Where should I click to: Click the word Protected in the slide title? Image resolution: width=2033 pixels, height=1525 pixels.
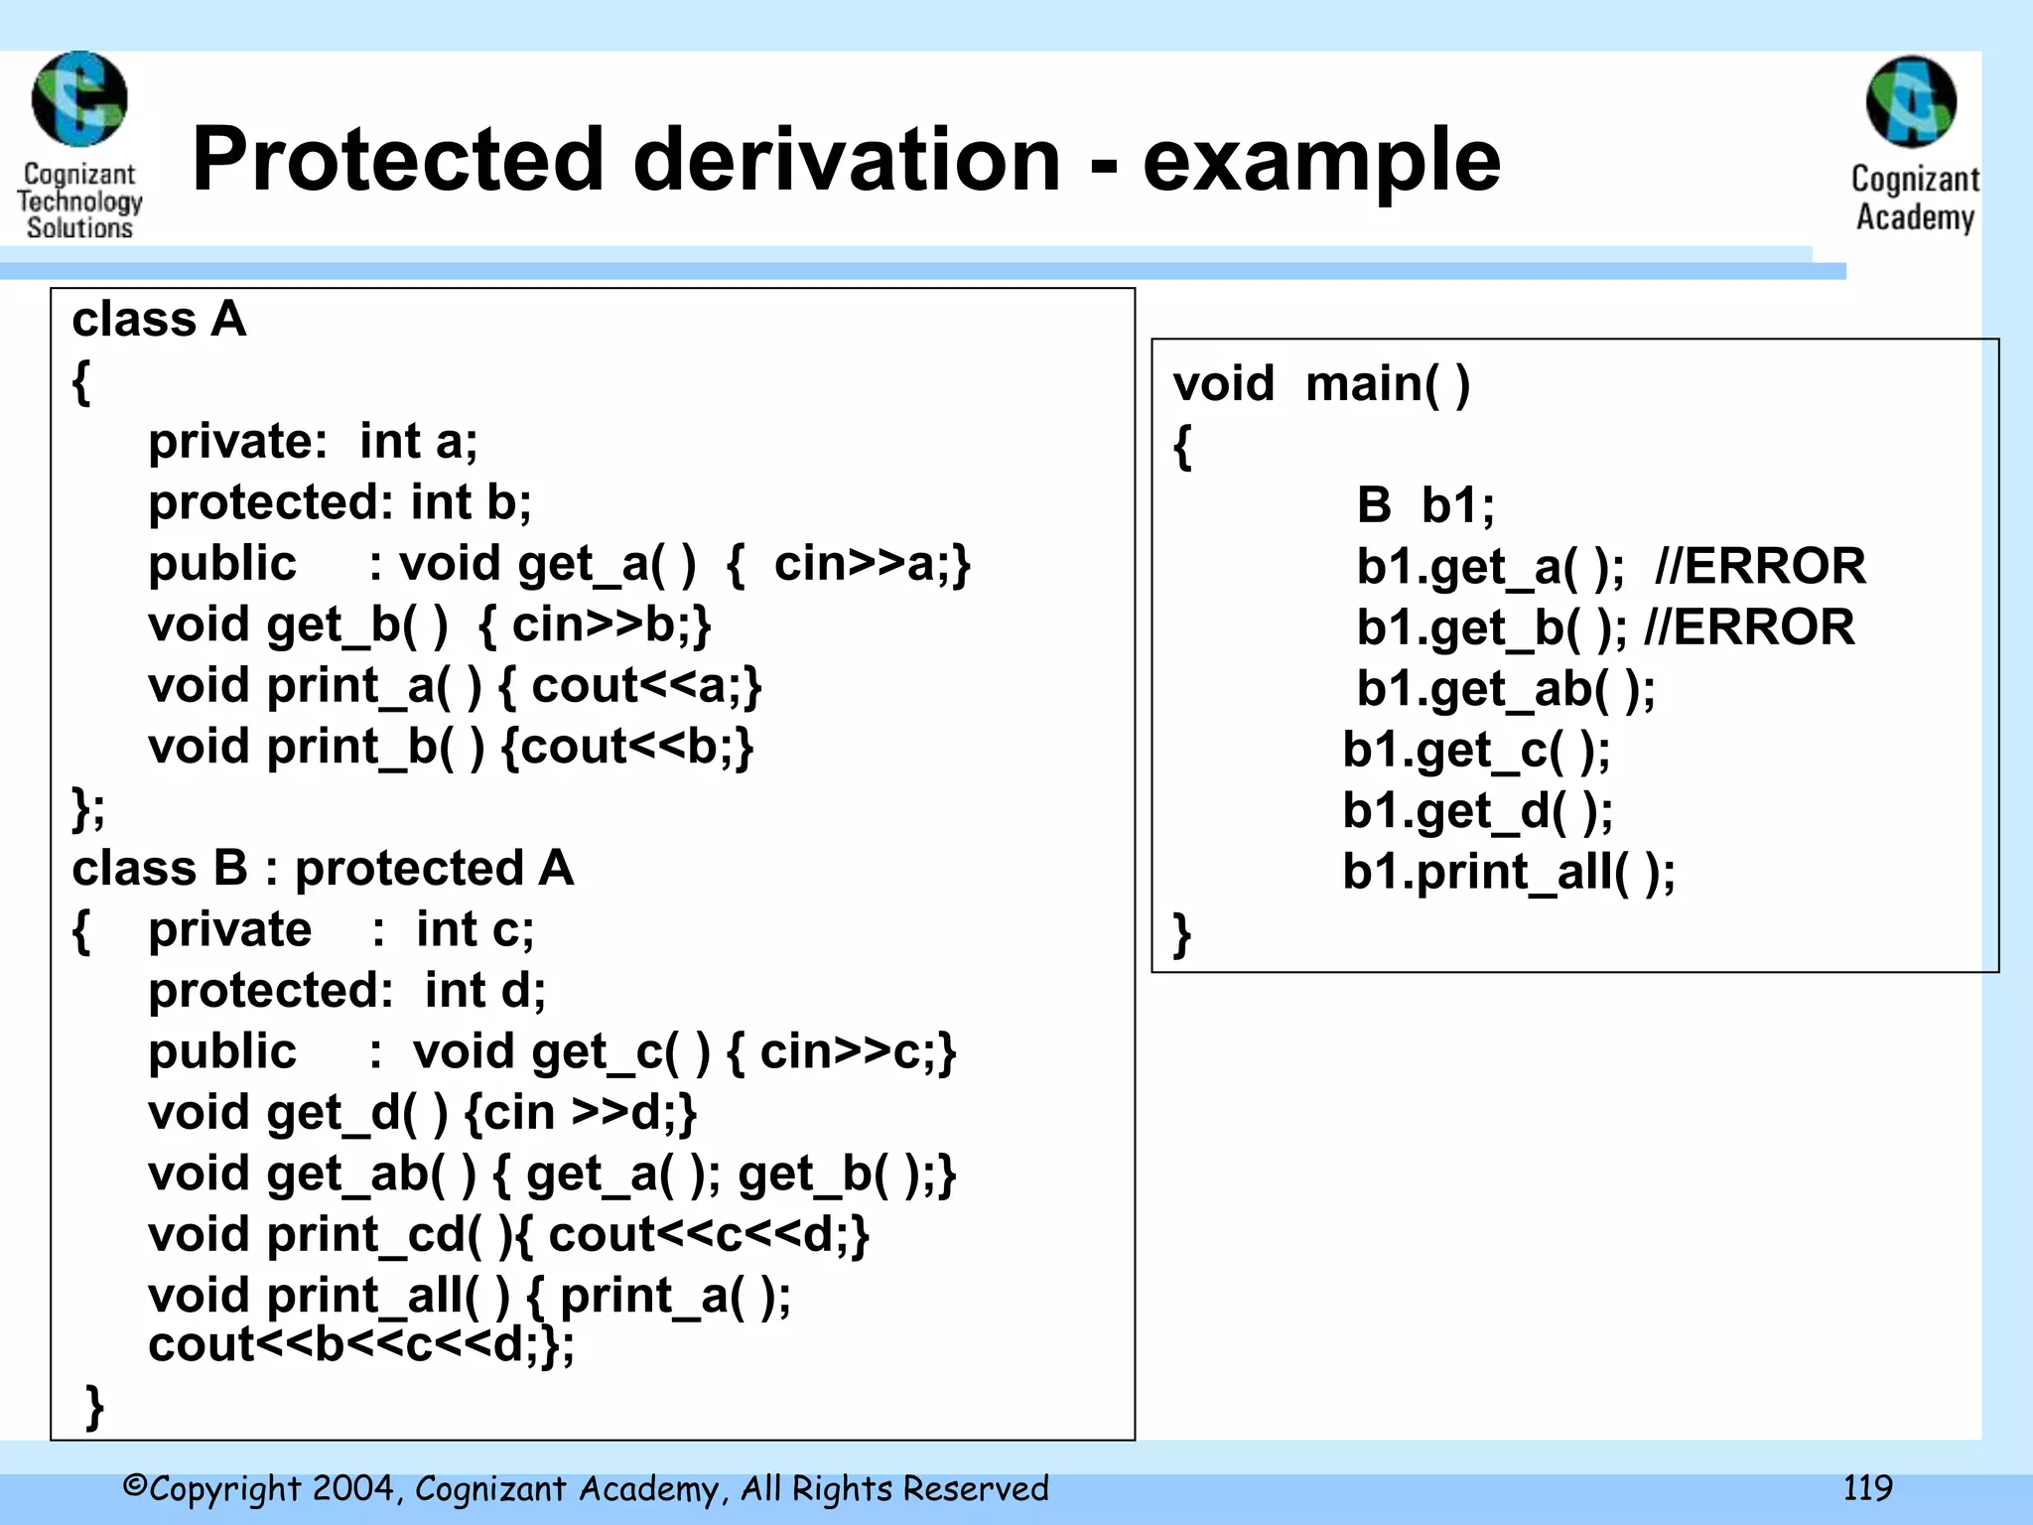(x=397, y=160)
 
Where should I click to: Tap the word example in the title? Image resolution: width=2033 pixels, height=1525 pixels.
(x=1321, y=162)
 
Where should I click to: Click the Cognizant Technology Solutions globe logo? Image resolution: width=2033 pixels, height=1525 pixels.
(x=79, y=99)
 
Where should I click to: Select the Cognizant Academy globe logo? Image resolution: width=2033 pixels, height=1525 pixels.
(x=1911, y=101)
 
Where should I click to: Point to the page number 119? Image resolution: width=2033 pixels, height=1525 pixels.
(x=1867, y=1487)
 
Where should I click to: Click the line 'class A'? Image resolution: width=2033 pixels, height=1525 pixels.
(x=159, y=320)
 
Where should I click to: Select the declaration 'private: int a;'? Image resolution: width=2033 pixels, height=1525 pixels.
(x=313, y=441)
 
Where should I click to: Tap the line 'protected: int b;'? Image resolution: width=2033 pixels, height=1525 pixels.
(x=339, y=502)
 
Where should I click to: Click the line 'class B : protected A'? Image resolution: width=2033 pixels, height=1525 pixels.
(x=323, y=869)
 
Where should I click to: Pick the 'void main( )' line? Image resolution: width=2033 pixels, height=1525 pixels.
(x=1321, y=384)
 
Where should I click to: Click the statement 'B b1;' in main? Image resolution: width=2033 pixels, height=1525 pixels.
(x=1425, y=505)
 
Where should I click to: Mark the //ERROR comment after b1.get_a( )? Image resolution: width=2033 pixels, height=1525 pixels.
(x=1760, y=567)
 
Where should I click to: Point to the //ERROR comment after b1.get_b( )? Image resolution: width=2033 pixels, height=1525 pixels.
(x=1749, y=627)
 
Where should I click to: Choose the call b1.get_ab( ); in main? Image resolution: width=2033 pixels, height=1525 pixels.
(x=1506, y=689)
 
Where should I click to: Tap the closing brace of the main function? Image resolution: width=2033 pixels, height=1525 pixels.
(x=1181, y=934)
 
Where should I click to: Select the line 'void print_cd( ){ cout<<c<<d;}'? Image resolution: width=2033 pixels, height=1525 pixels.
(x=508, y=1235)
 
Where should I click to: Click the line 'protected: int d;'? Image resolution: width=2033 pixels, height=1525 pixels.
(x=346, y=991)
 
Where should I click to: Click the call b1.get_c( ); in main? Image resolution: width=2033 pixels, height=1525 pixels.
(x=1476, y=751)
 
